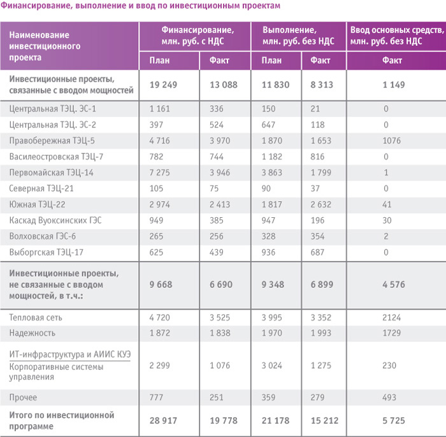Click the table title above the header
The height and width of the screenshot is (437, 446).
[141, 6]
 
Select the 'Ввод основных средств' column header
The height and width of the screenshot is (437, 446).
[397, 36]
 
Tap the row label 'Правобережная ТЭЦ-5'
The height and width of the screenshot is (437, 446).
[52, 141]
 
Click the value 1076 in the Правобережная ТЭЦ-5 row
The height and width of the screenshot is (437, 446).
[391, 141]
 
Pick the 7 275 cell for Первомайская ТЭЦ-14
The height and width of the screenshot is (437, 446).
[159, 173]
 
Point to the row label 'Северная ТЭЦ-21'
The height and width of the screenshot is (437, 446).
[41, 188]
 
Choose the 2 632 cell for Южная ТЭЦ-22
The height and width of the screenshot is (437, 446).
[321, 204]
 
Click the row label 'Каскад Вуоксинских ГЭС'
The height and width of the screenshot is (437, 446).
[55, 220]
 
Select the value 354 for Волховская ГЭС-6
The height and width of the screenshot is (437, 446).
[317, 236]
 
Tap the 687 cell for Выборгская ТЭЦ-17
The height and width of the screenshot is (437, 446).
[317, 252]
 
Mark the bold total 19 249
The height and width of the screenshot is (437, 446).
[163, 85]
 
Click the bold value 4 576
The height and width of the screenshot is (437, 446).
[393, 285]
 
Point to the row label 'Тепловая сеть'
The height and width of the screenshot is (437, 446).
[36, 317]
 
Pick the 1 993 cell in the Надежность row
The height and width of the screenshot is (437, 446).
[321, 333]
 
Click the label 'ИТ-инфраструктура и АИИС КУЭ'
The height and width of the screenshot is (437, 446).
[70, 354]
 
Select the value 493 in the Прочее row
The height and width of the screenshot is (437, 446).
[389, 398]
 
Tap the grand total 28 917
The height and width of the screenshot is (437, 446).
[163, 420]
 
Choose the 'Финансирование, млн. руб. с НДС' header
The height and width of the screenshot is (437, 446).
[198, 36]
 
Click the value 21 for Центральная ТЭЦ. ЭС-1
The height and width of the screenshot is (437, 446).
[315, 109]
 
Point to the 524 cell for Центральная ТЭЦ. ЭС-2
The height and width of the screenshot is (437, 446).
[217, 125]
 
